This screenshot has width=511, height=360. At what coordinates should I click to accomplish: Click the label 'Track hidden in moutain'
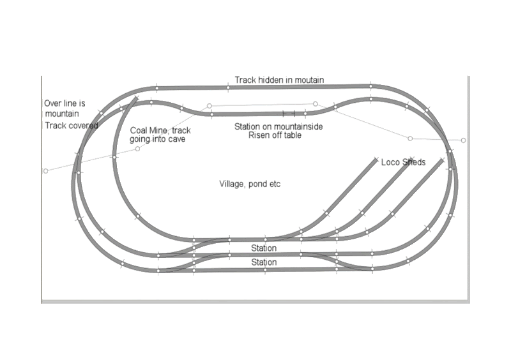point(279,80)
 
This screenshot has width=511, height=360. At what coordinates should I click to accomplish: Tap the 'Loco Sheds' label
point(403,162)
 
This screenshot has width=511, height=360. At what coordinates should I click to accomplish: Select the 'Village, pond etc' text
point(250,184)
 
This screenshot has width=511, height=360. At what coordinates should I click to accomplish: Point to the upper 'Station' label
point(264,248)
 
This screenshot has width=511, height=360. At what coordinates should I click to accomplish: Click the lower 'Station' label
point(264,262)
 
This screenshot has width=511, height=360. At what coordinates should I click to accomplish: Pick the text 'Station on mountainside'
point(278,126)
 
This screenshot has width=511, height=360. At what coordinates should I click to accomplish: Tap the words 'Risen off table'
point(275,135)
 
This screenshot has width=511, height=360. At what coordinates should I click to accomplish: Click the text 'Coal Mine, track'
point(160,131)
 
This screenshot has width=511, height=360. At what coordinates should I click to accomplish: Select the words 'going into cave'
point(157,139)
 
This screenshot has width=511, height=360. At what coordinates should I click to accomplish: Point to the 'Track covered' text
point(72,126)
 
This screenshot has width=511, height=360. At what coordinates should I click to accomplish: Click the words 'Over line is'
point(65,103)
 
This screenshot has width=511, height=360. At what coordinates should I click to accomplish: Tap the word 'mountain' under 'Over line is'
point(62,114)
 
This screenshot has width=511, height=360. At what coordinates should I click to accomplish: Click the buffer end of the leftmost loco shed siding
point(376,160)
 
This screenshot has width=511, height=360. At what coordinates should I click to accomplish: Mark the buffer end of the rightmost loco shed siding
point(442,160)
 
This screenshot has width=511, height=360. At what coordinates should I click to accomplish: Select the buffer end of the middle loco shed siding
point(411,159)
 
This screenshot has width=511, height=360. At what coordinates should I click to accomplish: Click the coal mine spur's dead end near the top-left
point(136,98)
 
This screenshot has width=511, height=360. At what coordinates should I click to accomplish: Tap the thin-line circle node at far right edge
point(464,140)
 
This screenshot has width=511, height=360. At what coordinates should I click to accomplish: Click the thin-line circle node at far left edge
point(45,171)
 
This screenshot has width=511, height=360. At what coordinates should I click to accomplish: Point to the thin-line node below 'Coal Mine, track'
point(137,149)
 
